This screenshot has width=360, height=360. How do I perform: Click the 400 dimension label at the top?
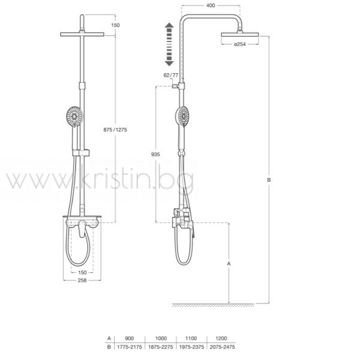[211, 5]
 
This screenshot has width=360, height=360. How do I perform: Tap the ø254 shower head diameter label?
[240, 44]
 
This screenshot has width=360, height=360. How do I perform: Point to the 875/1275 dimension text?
[115, 130]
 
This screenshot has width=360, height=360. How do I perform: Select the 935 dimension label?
[155, 155]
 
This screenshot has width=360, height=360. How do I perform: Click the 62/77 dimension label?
[171, 75]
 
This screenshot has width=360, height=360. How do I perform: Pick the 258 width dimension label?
[82, 280]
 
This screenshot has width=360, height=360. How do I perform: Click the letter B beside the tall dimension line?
[269, 180]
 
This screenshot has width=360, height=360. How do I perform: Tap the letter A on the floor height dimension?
[229, 264]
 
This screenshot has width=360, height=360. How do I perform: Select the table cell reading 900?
[130, 338]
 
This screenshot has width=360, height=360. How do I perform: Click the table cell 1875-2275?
[160, 347]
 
